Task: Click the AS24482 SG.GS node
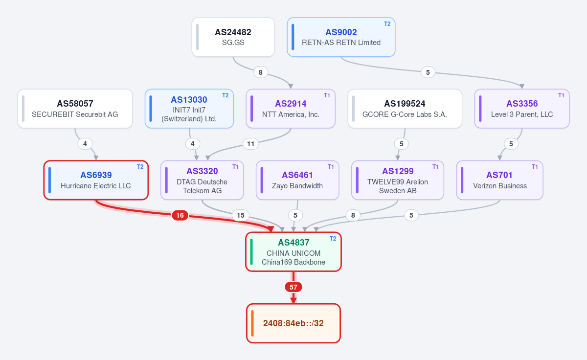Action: tap(233, 37)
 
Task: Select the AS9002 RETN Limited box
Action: tap(341, 37)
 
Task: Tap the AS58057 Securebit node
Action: tap(75, 109)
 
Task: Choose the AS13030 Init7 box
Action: tap(189, 109)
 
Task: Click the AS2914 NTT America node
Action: tap(291, 109)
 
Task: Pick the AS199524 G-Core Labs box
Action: tap(405, 109)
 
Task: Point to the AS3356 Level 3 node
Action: tap(522, 109)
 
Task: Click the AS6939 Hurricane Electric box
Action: tap(96, 180)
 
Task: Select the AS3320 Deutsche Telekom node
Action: tap(202, 180)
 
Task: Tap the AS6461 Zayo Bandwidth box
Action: tap(297, 180)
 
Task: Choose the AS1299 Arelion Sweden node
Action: tap(398, 180)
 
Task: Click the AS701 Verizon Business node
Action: tap(499, 180)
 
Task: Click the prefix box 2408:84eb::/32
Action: tap(293, 323)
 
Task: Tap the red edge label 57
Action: tap(293, 287)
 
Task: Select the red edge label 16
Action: tap(180, 215)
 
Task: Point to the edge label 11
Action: tap(251, 144)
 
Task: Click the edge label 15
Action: tap(241, 215)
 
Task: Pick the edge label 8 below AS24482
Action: tap(260, 72)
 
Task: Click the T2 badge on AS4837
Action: tap(333, 238)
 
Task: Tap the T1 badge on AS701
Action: tap(535, 167)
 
